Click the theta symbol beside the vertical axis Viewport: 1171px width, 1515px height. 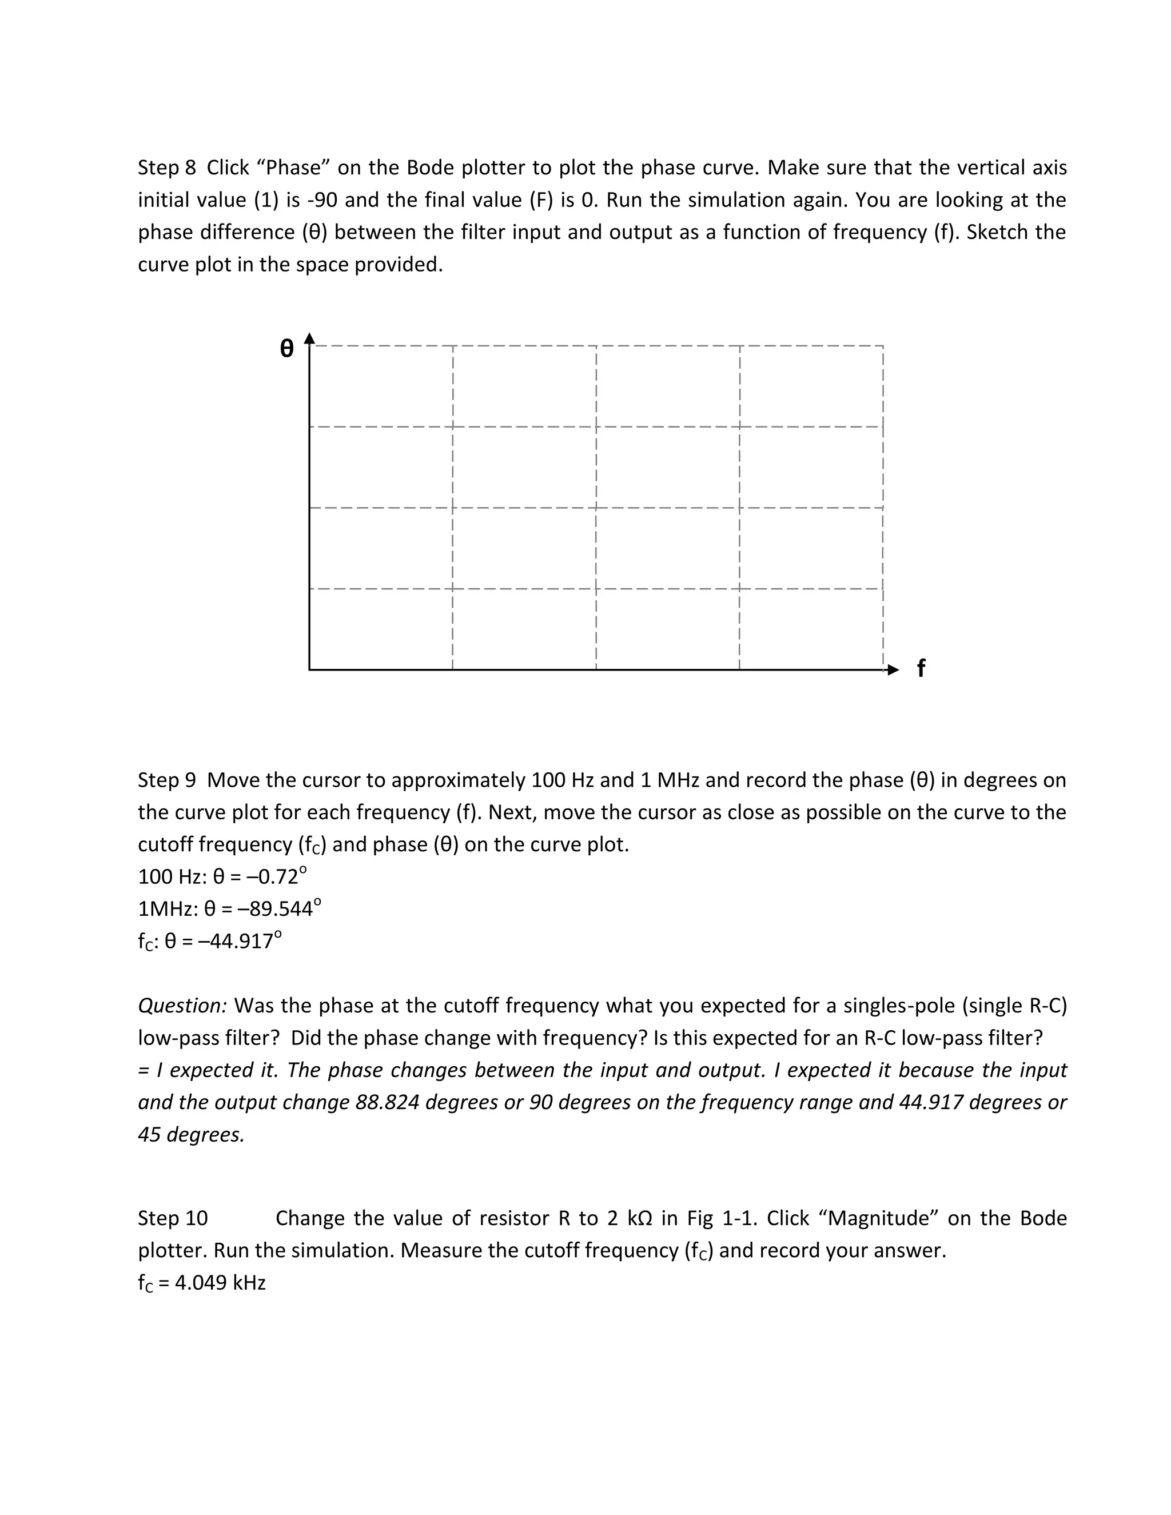(286, 348)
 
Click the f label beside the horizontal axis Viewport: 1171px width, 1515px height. (921, 669)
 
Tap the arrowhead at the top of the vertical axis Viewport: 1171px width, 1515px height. (309, 338)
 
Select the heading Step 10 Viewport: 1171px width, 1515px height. (173, 1218)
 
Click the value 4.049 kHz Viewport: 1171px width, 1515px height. (220, 1283)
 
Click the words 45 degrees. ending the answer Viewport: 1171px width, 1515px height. (192, 1135)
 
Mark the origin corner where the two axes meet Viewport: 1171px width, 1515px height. (309, 669)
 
